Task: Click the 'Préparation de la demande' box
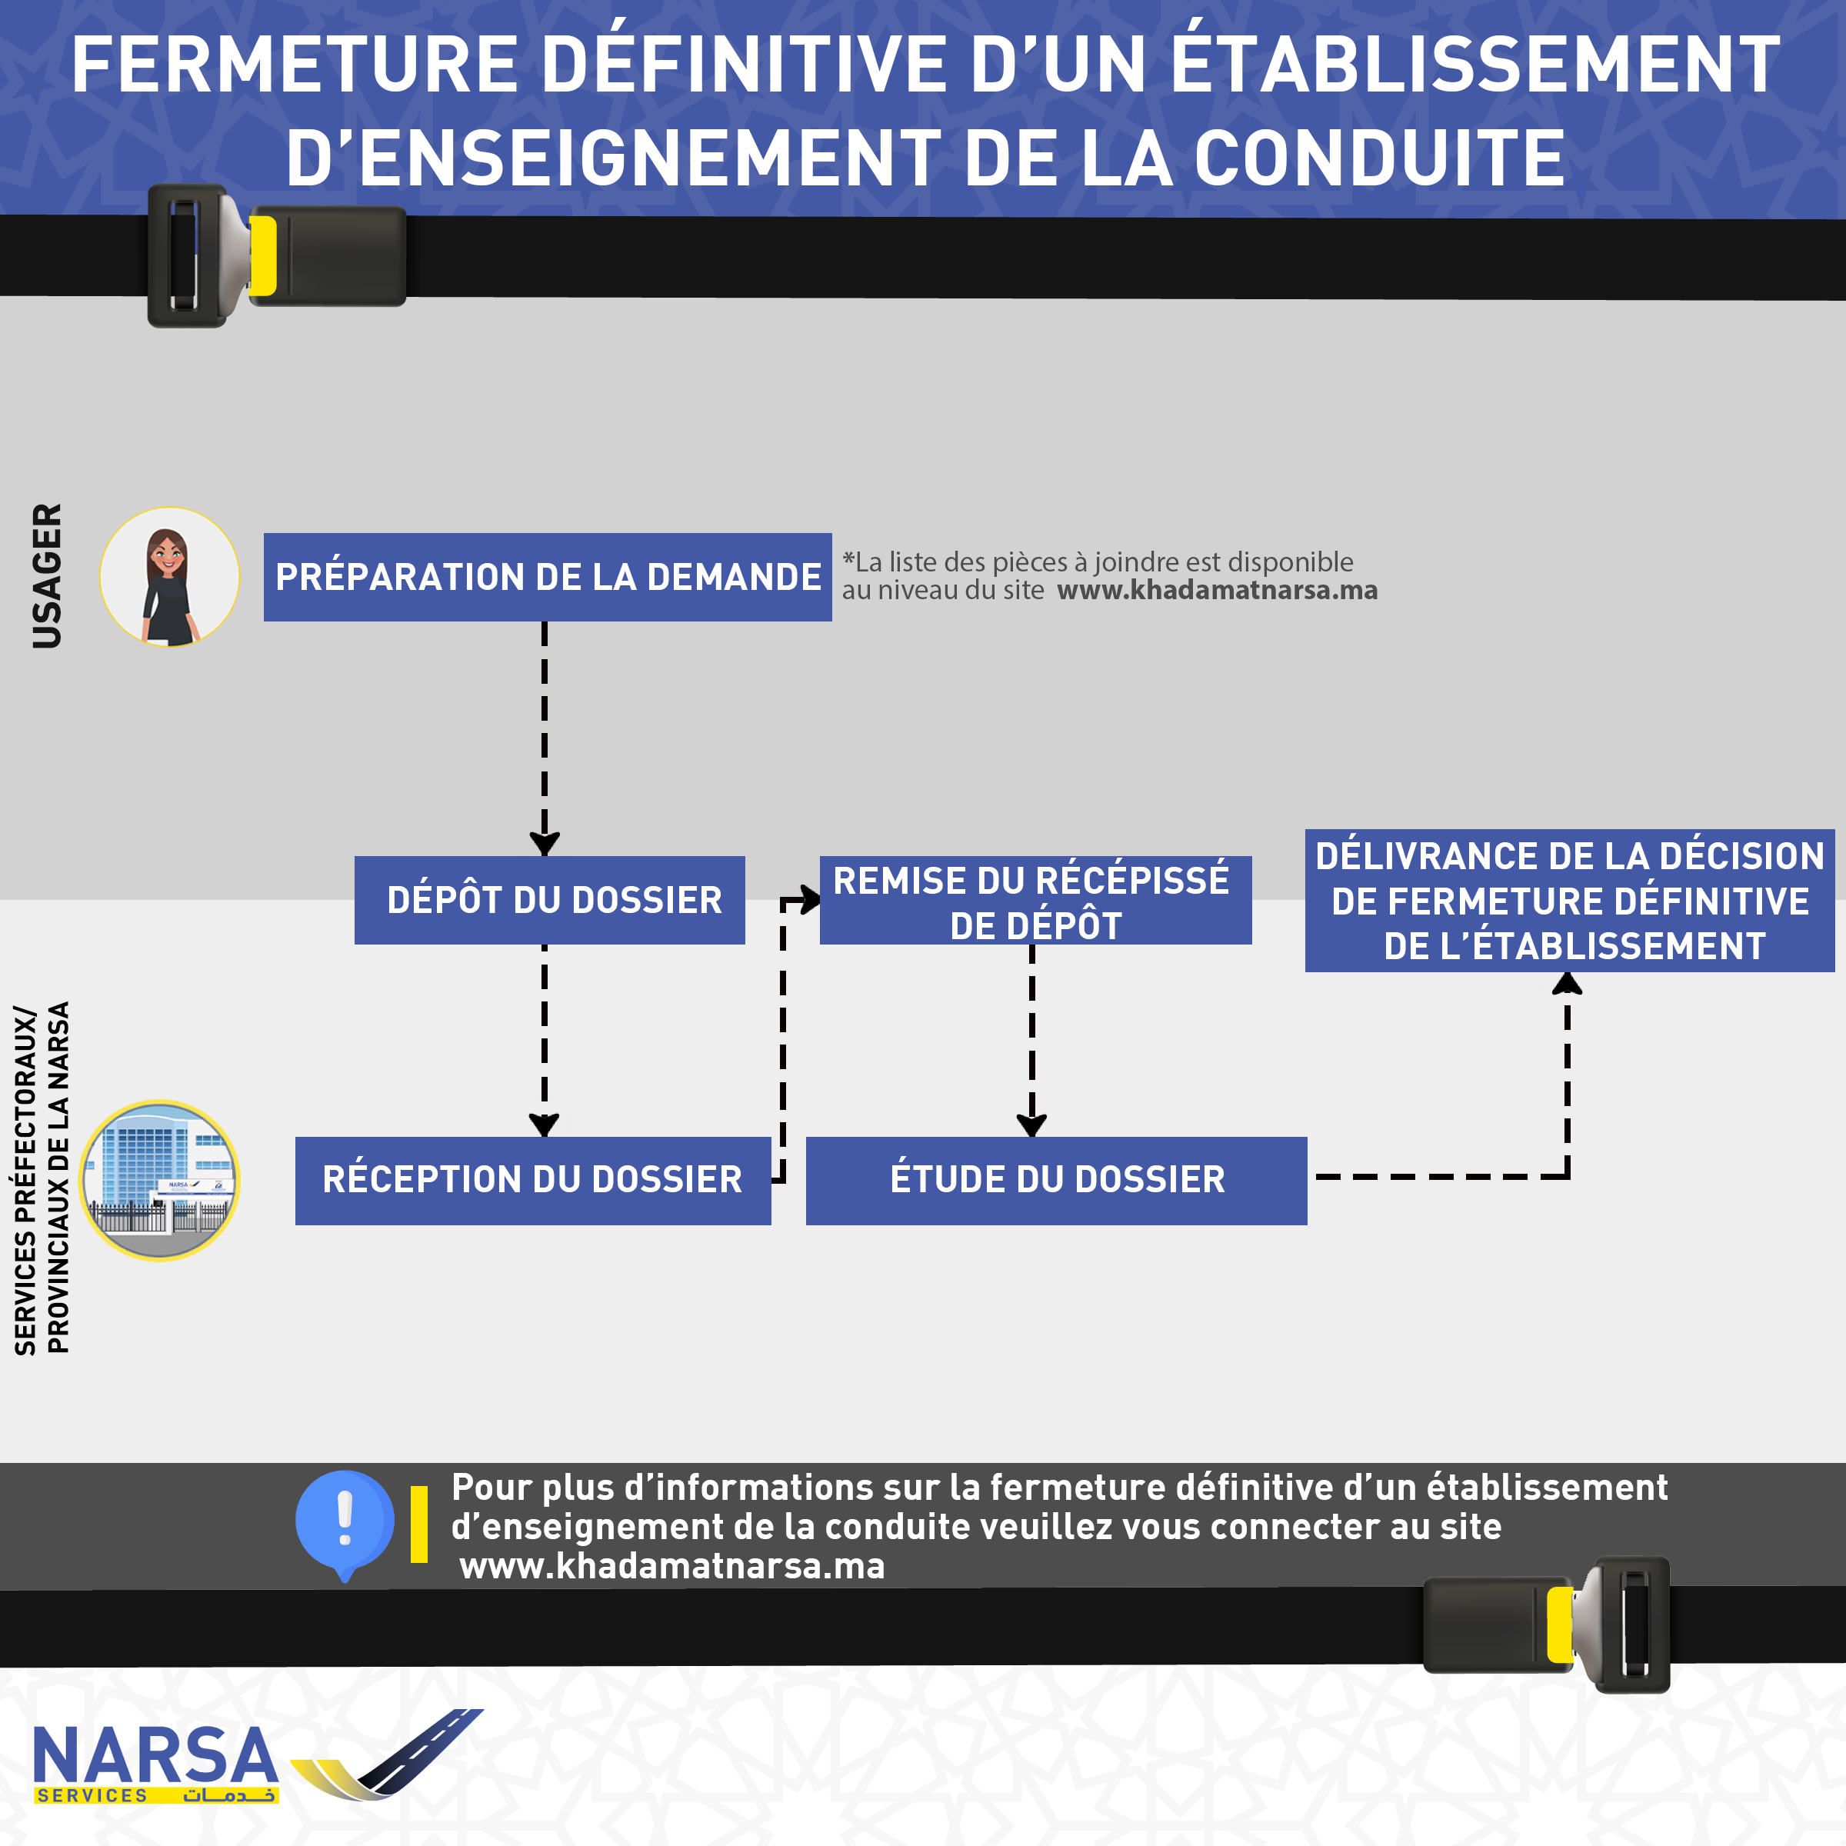tap(548, 577)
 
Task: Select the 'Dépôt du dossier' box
tap(549, 900)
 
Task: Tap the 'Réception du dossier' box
tap(532, 1180)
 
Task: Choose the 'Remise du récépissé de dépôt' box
tap(1035, 901)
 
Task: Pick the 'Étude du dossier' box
tap(1056, 1180)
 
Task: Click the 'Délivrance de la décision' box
tap(1569, 901)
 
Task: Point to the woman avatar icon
tap(169, 577)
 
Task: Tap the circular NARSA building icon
tap(159, 1180)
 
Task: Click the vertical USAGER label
tap(47, 576)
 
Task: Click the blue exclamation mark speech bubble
tap(344, 1521)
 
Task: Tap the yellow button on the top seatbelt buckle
tap(263, 255)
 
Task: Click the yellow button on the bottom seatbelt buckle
tap(1559, 1624)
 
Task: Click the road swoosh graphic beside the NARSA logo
tap(387, 1754)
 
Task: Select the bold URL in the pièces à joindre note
tap(1216, 591)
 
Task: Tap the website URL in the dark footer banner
tap(671, 1567)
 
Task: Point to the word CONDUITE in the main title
tap(1379, 158)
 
